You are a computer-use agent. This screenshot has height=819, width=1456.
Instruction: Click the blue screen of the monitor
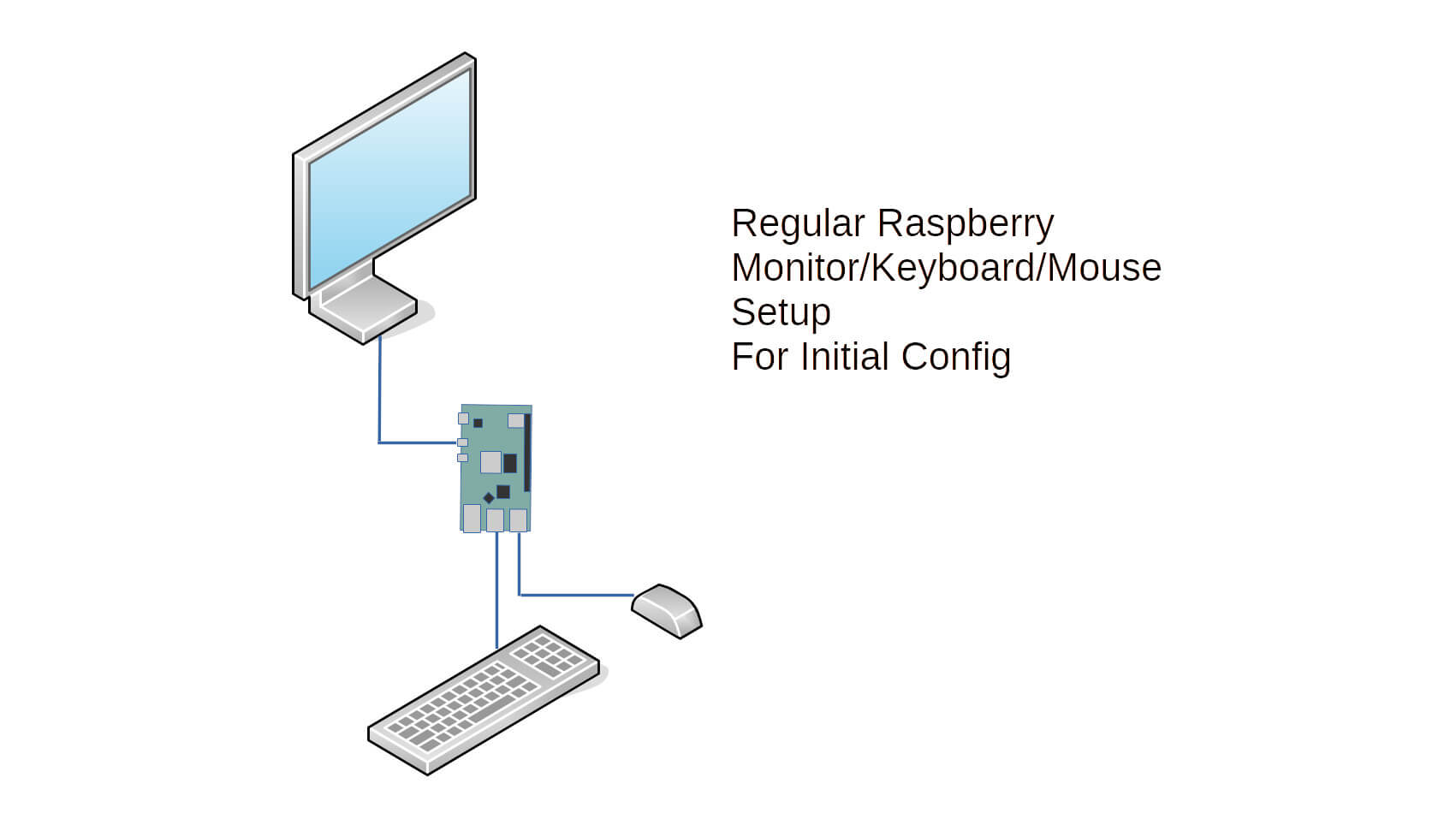[389, 180]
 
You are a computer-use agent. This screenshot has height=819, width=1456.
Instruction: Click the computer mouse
[667, 610]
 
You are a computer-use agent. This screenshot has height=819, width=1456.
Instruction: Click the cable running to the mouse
[573, 594]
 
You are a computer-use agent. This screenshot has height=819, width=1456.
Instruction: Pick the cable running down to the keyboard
[496, 591]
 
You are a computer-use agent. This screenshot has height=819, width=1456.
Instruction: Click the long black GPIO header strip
[527, 453]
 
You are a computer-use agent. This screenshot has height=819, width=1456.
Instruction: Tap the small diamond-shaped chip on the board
[489, 498]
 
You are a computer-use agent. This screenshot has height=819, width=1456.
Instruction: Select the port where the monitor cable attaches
[462, 442]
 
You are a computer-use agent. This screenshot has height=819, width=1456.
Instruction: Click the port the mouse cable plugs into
[518, 519]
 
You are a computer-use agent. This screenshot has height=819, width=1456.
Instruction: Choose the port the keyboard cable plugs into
[495, 519]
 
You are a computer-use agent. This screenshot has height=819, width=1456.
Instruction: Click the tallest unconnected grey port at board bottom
[472, 518]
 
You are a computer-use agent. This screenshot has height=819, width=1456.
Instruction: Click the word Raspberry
[966, 224]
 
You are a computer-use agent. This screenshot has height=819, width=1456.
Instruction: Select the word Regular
[798, 224]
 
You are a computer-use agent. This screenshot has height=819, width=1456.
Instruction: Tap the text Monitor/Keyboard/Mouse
[946, 268]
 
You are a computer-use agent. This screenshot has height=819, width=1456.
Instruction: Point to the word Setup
[780, 312]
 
